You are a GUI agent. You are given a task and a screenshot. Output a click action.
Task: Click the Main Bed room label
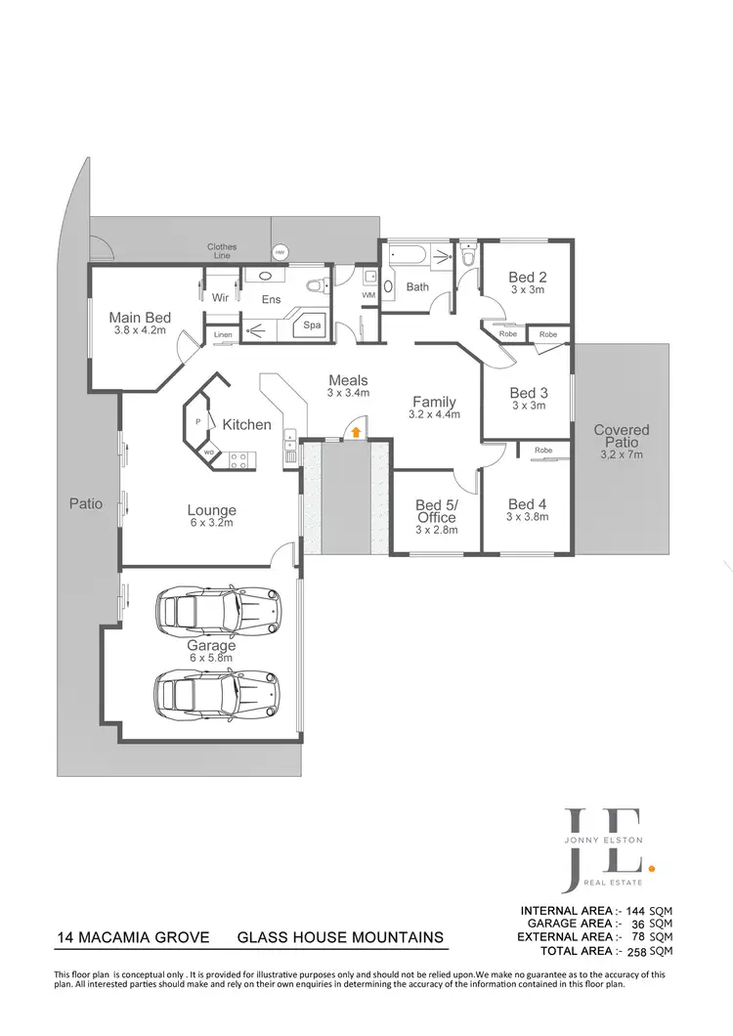pos(140,318)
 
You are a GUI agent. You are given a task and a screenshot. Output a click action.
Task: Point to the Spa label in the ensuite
pos(313,324)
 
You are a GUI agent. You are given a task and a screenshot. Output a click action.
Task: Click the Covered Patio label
pos(621,430)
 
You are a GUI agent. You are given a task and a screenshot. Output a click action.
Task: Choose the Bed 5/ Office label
pos(437,511)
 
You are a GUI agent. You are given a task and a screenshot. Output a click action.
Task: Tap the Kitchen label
pos(246,425)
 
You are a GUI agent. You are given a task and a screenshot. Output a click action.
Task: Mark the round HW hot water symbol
pos(280,252)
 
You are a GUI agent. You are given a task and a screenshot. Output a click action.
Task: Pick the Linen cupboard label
pos(223,336)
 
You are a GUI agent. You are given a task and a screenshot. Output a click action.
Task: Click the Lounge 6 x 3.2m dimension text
pos(212,523)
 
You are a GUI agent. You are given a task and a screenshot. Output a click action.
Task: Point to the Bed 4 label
pos(529,504)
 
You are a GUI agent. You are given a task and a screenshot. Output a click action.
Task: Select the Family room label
pos(434,402)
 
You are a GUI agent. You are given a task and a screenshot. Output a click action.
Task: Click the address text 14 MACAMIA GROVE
pos(134,938)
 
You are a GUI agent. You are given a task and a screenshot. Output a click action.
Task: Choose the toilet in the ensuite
pos(315,287)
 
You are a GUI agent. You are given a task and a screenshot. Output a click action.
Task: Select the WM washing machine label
pos(368,294)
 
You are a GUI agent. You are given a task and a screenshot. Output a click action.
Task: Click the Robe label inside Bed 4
pos(542,451)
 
